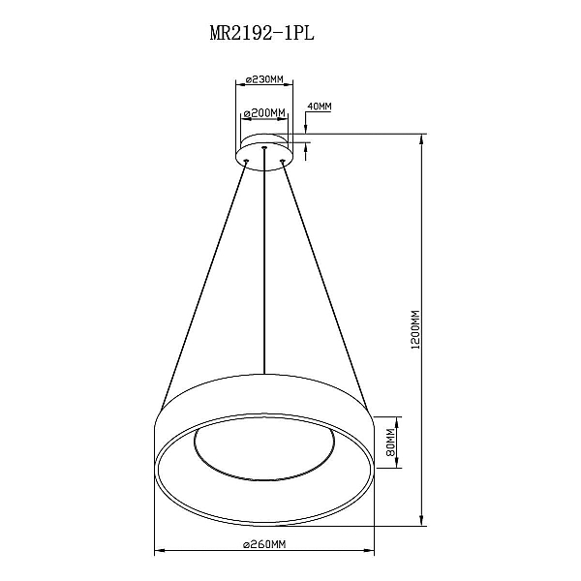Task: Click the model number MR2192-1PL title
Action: (262, 33)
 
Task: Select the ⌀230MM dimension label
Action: (264, 79)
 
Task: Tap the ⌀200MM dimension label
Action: (264, 112)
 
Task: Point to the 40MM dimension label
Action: (320, 107)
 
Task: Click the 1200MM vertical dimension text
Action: (415, 329)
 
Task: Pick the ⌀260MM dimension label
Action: (264, 544)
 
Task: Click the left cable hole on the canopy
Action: (246, 161)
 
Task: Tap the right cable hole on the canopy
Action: (283, 161)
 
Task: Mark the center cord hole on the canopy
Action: (264, 148)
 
